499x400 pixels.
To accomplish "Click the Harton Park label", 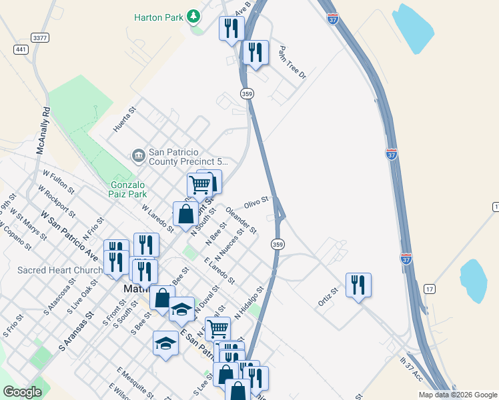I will click(158, 17).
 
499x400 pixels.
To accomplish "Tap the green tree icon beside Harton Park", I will click(193, 15).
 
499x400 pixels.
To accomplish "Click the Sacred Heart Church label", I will click(60, 270).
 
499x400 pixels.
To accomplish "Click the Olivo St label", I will click(256, 201).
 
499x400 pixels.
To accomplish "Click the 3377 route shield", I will click(40, 38).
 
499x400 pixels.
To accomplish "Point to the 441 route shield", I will click(21, 49).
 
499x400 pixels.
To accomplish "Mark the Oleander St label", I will click(241, 219).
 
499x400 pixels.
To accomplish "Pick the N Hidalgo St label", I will click(249, 304).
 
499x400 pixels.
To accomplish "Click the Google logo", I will click(22, 393).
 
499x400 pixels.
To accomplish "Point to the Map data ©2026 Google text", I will click(457, 395).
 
